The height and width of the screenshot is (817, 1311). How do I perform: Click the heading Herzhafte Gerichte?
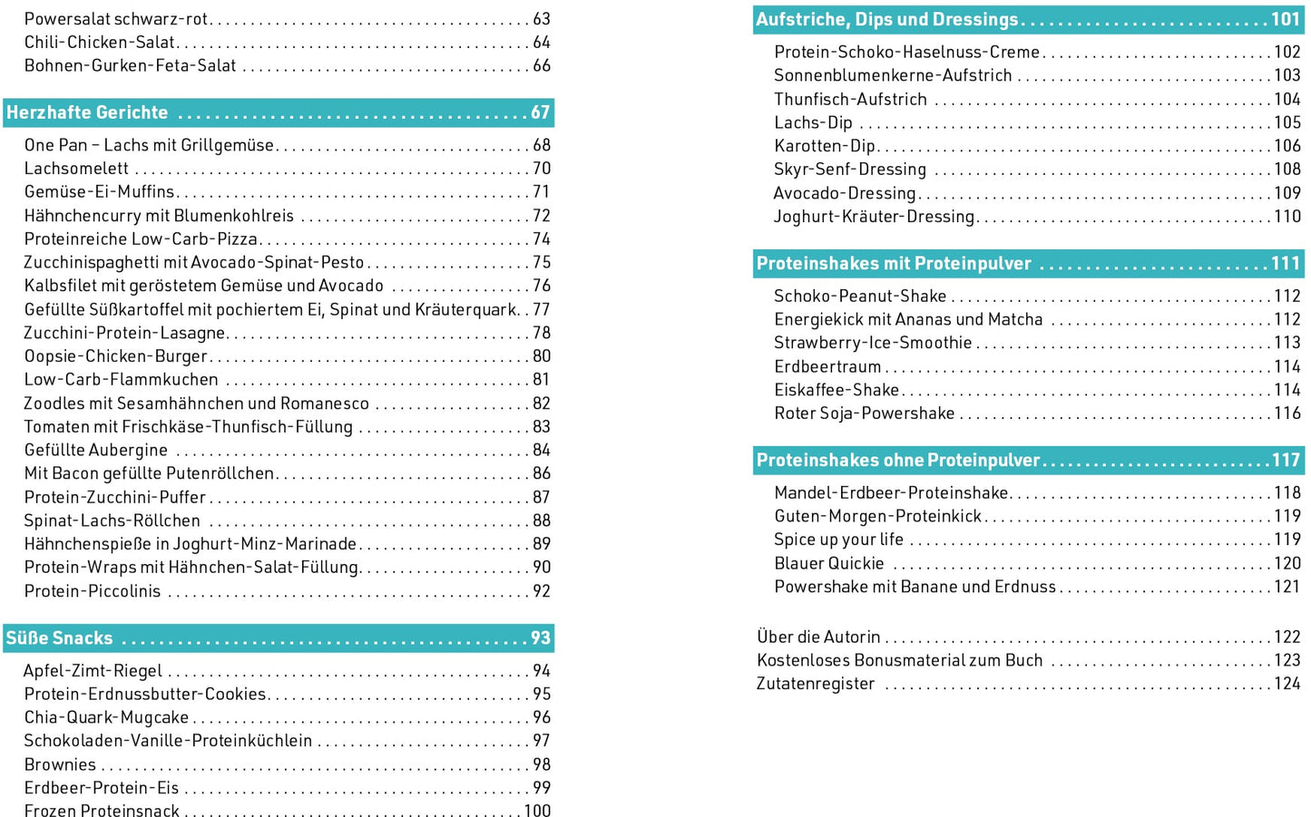click(87, 112)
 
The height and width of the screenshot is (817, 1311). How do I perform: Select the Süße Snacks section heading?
click(59, 637)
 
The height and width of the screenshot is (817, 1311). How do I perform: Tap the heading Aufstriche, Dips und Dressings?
click(886, 19)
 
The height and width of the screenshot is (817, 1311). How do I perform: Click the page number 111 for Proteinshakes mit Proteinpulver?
click(1286, 263)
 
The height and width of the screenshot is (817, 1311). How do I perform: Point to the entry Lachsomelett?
click(76, 169)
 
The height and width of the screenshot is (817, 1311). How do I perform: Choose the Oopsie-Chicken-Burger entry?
click(115, 356)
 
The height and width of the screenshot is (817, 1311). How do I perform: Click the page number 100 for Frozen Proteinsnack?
click(537, 811)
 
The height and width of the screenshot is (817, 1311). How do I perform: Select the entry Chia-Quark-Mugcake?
click(106, 717)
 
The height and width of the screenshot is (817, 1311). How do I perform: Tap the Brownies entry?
click(60, 764)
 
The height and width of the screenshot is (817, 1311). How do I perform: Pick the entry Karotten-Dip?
click(824, 146)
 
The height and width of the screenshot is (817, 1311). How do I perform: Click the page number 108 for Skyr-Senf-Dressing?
click(1287, 170)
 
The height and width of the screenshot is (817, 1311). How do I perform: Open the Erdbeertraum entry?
click(827, 367)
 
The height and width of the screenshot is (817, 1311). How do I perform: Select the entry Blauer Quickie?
click(828, 563)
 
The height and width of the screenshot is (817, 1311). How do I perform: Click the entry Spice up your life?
click(838, 540)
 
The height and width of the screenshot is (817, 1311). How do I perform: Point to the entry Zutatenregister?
click(815, 684)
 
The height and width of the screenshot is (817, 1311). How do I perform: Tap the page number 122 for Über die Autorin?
click(1287, 637)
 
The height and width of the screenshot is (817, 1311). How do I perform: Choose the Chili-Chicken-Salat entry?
click(100, 43)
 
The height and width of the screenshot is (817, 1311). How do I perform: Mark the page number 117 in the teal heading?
click(1286, 460)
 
